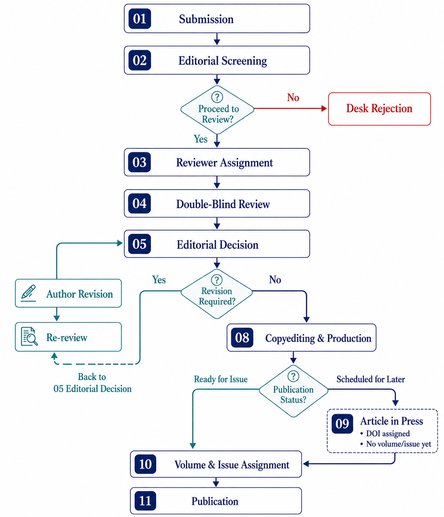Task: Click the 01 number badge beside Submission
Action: [x=140, y=19]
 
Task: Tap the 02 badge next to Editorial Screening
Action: [x=140, y=60]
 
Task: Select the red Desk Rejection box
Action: [x=379, y=109]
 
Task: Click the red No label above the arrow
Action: [x=293, y=97]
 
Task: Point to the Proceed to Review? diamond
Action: [x=217, y=110]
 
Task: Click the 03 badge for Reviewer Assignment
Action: [x=139, y=162]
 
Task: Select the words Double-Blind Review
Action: [x=223, y=204]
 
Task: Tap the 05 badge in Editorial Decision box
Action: [x=139, y=244]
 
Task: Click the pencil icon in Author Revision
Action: [x=29, y=293]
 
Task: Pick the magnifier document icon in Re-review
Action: [x=29, y=336]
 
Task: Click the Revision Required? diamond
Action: [x=216, y=293]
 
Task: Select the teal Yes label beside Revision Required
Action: [x=159, y=280]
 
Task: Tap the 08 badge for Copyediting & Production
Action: [x=242, y=337]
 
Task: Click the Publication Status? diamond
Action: [x=293, y=391]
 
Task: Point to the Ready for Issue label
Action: [x=221, y=379]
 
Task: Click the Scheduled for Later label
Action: [x=371, y=379]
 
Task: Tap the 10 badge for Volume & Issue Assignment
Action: [x=145, y=464]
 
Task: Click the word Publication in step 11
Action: [x=215, y=501]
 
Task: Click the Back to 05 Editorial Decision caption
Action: [x=92, y=382]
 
